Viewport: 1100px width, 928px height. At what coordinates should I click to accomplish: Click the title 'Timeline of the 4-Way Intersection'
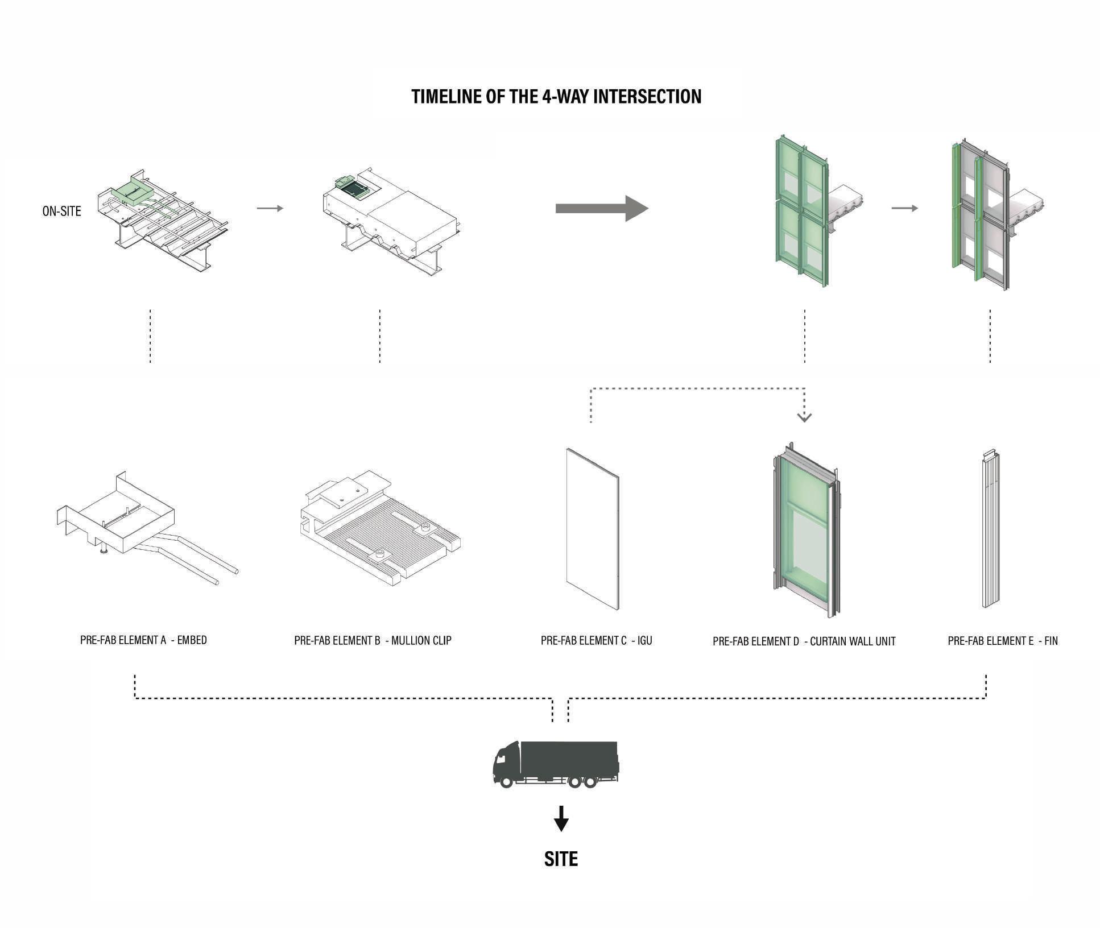click(556, 97)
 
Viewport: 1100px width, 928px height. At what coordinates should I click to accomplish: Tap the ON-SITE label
click(61, 211)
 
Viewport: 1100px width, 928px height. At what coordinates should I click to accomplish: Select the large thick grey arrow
click(601, 208)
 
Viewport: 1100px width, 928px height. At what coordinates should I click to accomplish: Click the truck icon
click(555, 764)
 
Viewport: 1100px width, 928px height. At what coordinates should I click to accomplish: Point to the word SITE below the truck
click(561, 859)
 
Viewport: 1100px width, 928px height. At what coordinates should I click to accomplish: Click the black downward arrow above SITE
click(561, 819)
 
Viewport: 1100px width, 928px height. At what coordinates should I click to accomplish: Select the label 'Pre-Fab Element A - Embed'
click(143, 640)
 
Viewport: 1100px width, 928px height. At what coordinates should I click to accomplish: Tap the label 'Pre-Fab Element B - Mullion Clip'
click(373, 640)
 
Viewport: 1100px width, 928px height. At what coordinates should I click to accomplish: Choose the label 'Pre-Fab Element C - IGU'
click(596, 640)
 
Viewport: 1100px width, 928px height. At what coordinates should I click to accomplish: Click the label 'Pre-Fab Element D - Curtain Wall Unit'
click(804, 641)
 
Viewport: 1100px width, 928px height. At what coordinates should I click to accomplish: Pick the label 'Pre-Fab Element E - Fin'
click(1002, 641)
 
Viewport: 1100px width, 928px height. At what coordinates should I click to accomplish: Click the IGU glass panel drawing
click(592, 529)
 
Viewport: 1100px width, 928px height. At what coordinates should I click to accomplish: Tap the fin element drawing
click(991, 529)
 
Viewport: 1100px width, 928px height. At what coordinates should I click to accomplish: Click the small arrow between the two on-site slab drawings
click(270, 208)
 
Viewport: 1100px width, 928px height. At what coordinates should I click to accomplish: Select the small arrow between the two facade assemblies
click(904, 208)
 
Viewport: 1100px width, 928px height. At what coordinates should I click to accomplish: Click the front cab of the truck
click(506, 764)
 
